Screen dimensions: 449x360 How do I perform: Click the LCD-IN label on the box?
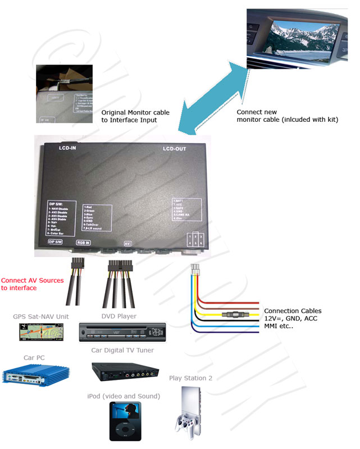[67, 149]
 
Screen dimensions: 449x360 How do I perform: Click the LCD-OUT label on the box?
[174, 149]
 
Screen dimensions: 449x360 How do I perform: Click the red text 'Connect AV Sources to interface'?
[32, 284]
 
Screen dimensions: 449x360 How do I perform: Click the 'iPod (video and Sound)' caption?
[124, 396]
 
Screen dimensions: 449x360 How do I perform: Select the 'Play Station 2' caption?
[190, 378]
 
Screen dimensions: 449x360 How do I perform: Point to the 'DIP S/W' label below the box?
[54, 243]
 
